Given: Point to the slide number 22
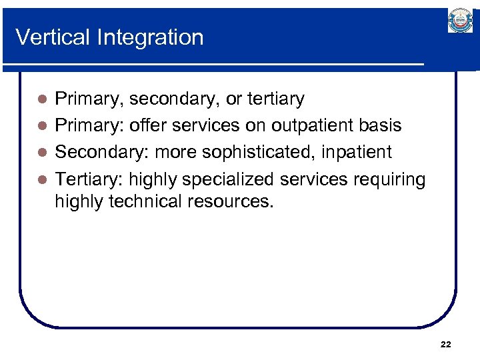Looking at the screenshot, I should tap(446, 344).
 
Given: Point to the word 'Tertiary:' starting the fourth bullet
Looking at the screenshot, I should tap(89, 179).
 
